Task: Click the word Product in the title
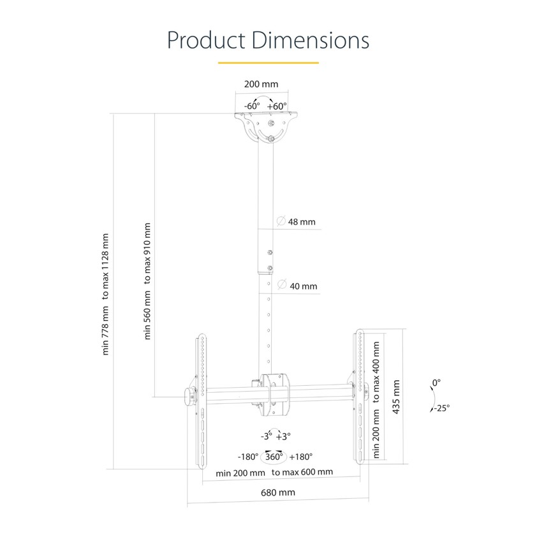(x=207, y=40)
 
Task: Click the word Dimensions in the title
(x=311, y=40)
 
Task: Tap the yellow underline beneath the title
(x=268, y=63)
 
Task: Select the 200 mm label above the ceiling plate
(x=261, y=84)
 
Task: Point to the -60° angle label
(x=252, y=106)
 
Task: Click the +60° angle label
(x=277, y=106)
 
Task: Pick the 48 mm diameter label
(x=302, y=222)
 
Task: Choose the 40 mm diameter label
(x=304, y=286)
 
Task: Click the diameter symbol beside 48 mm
(x=281, y=221)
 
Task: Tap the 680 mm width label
(x=277, y=492)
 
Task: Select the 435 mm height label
(x=396, y=397)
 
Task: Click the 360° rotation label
(x=274, y=457)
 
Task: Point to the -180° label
(x=248, y=457)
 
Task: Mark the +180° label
(x=301, y=457)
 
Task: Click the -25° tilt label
(x=442, y=408)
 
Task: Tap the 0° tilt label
(x=436, y=383)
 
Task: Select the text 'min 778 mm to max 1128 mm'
(x=105, y=294)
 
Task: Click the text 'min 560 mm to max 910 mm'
(x=147, y=281)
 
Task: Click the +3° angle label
(x=283, y=436)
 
